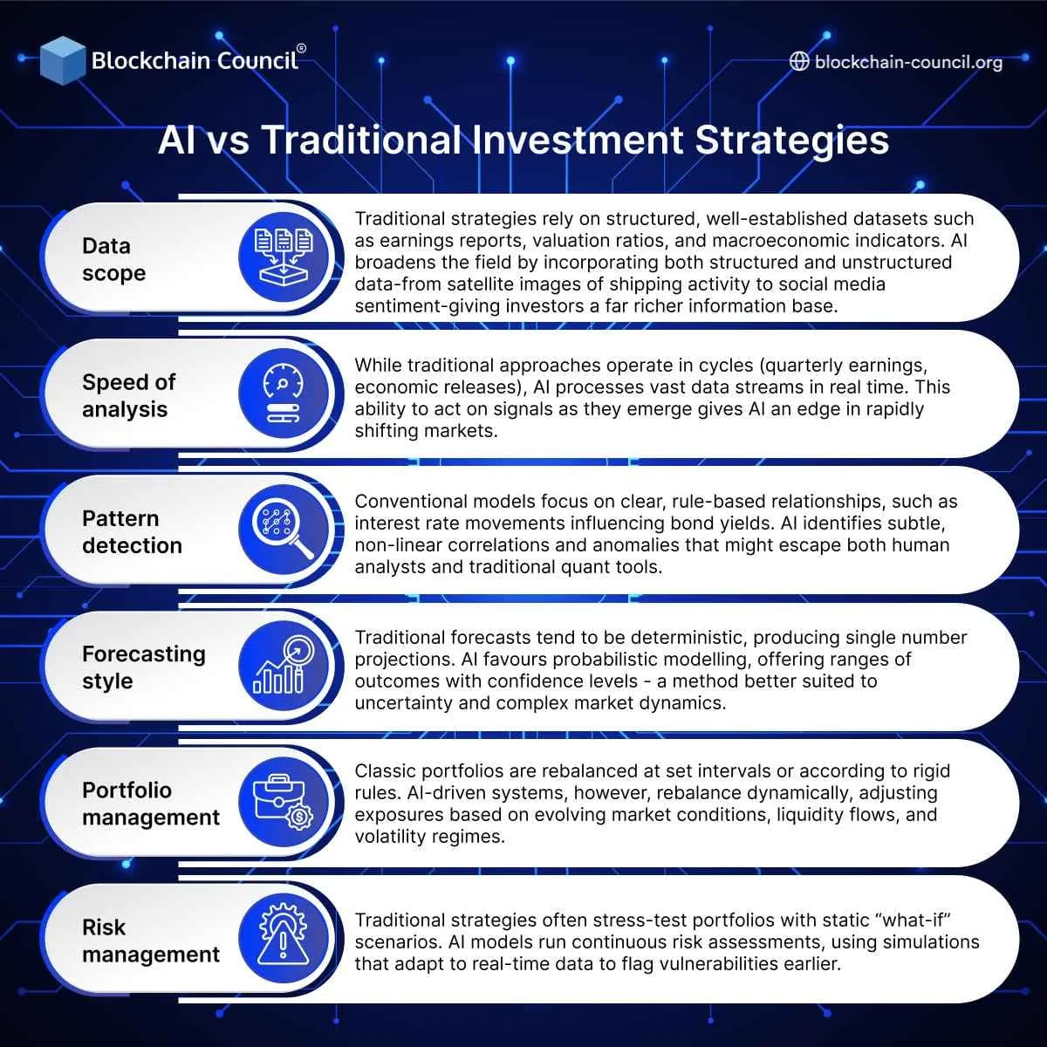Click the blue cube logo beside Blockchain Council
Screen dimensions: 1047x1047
coord(63,59)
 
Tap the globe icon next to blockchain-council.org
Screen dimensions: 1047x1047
coord(798,61)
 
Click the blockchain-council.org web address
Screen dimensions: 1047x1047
coord(908,62)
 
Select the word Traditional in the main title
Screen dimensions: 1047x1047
coord(361,140)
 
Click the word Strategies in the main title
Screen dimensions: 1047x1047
coord(791,140)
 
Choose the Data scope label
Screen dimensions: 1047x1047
coord(113,259)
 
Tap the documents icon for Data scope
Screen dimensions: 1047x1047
coord(283,258)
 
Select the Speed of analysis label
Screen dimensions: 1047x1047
coord(128,395)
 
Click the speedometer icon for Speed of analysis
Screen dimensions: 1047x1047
coord(283,394)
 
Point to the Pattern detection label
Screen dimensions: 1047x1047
coord(132,531)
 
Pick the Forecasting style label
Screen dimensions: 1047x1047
coord(143,667)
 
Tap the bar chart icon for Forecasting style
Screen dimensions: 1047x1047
coord(283,666)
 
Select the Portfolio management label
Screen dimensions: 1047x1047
coord(150,804)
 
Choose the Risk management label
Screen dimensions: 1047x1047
coord(150,941)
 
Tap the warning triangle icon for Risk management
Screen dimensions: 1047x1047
coord(283,939)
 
